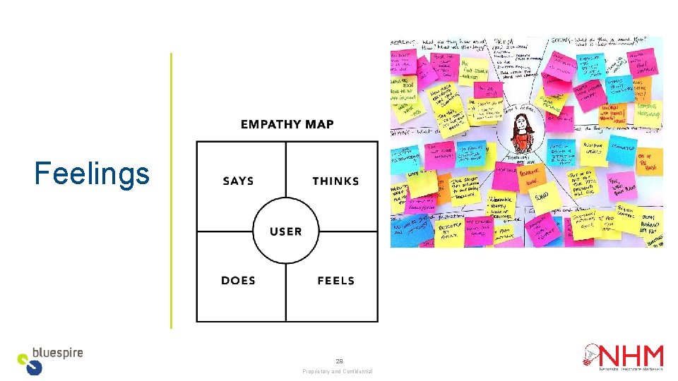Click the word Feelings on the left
point(92,174)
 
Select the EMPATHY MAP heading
point(287,125)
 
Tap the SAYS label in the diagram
point(238,181)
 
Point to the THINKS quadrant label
point(335,181)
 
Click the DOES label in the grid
point(238,281)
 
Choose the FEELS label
point(335,281)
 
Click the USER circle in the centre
point(286,231)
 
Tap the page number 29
point(339,361)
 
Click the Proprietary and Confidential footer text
point(338,372)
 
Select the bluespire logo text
point(59,353)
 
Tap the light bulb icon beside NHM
point(590,357)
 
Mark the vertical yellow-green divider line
point(171,190)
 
